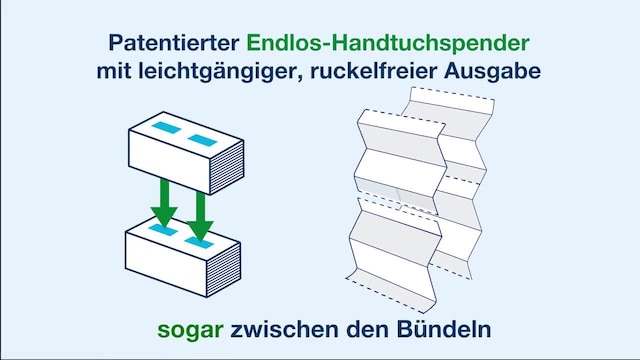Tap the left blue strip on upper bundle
[162, 127]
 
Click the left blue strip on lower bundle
[160, 230]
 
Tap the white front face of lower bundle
[168, 268]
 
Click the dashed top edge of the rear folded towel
[451, 94]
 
